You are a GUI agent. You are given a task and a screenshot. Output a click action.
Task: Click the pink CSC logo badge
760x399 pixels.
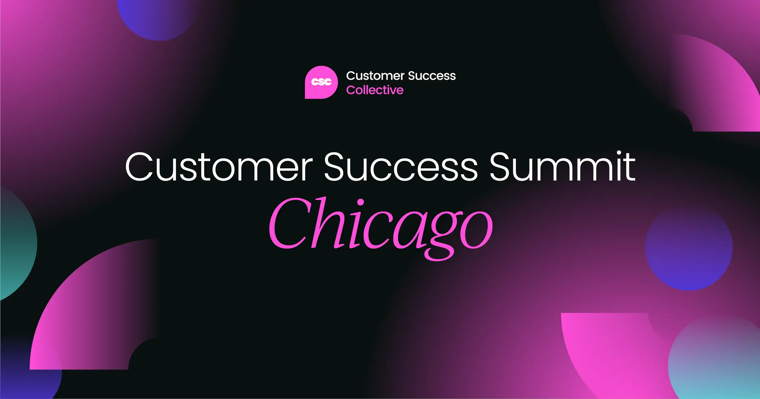click(x=321, y=82)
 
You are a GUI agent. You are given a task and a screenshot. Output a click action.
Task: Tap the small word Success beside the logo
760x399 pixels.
click(x=432, y=76)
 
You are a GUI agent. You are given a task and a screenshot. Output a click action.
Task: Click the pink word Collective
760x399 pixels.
click(x=375, y=90)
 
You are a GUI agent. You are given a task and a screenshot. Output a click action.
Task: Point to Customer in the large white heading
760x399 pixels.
click(x=219, y=167)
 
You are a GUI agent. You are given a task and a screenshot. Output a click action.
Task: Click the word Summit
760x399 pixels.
click(x=562, y=167)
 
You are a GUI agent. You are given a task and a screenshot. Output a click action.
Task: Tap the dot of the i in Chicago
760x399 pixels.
click(x=360, y=202)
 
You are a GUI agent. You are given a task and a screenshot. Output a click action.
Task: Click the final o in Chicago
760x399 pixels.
click(x=476, y=229)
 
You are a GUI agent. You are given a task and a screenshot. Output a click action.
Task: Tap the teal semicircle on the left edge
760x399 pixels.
click(x=15, y=243)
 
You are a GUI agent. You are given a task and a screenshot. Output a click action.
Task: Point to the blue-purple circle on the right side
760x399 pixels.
click(x=689, y=248)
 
